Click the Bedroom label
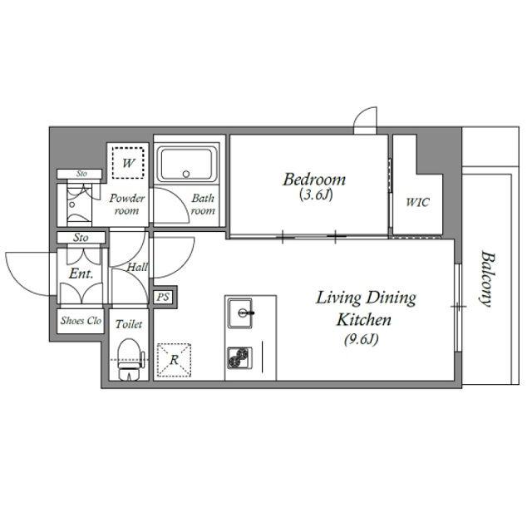coord(314,180)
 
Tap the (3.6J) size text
coord(316,195)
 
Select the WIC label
coord(417,202)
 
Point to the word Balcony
coord(486,278)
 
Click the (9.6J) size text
coord(362,339)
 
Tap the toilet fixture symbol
coord(130,359)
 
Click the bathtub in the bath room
coord(187,165)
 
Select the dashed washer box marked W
coord(128,163)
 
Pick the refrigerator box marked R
coord(174,360)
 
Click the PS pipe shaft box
coord(163,298)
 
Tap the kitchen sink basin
coord(240,313)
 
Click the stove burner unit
coord(240,358)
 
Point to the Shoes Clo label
coord(81,321)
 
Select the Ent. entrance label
coord(81,273)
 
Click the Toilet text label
coord(129,324)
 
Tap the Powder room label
coord(127,204)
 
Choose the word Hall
coord(136,268)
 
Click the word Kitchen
coord(363,320)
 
